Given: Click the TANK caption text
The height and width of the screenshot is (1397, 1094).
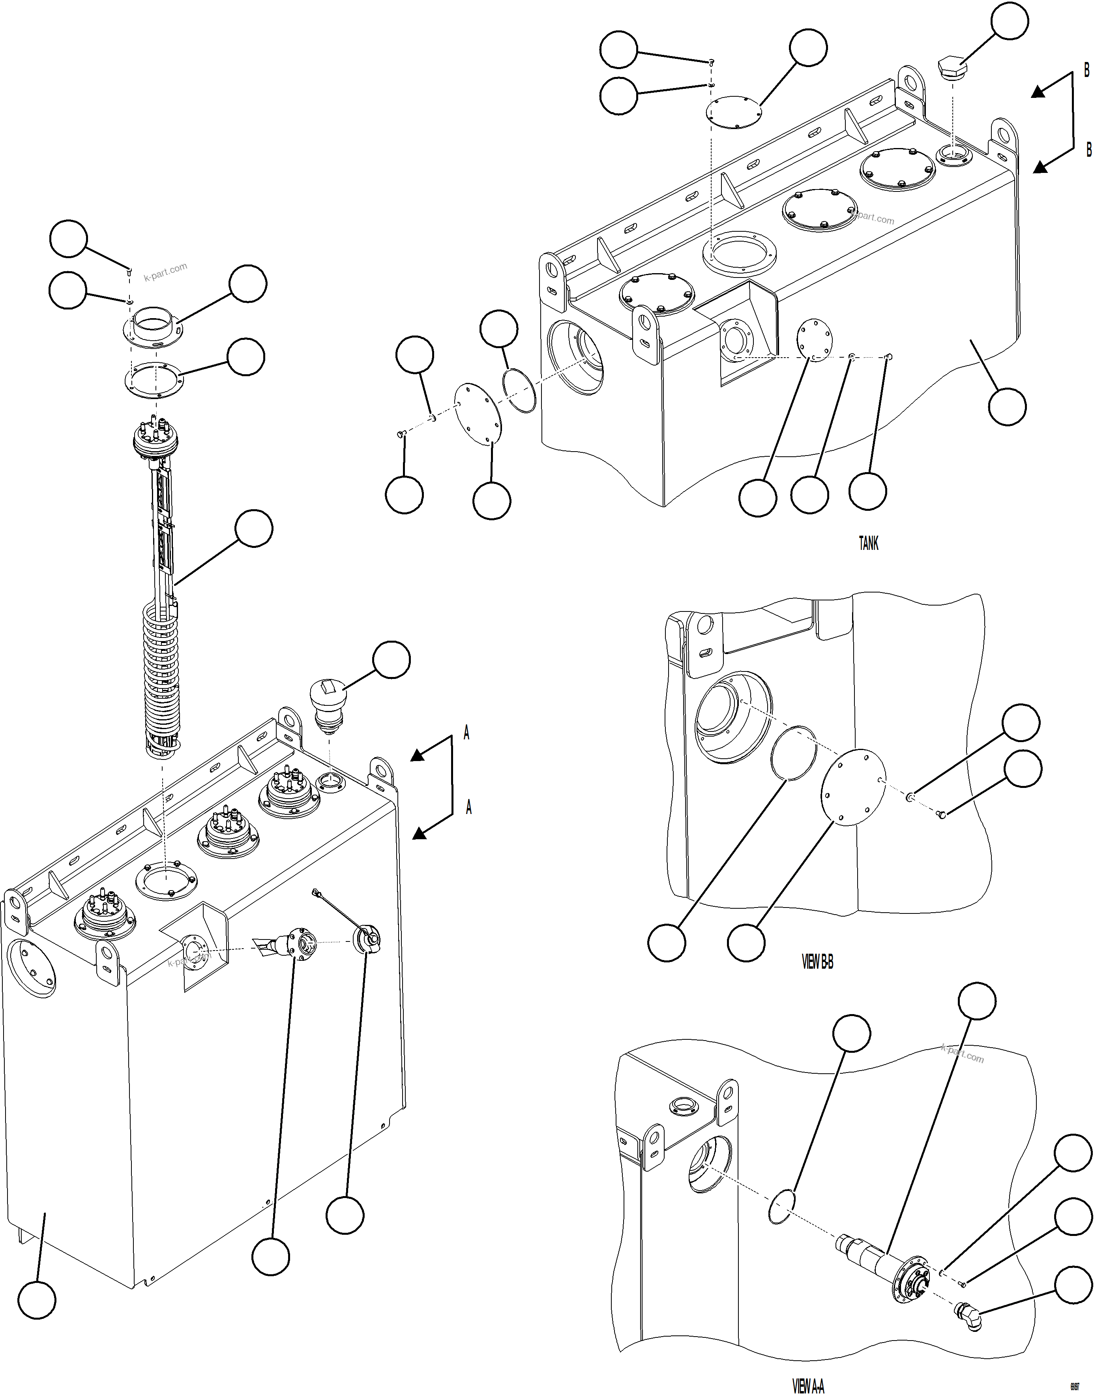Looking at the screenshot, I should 869,543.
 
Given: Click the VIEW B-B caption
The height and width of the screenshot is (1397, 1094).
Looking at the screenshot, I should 817,962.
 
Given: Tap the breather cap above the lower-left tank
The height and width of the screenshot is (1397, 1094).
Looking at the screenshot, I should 328,703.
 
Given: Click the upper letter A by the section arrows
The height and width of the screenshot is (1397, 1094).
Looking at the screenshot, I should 466,733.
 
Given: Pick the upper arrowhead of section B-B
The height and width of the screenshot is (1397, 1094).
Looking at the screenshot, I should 1038,92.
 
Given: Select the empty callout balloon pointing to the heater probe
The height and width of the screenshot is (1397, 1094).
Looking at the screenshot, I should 254,529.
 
